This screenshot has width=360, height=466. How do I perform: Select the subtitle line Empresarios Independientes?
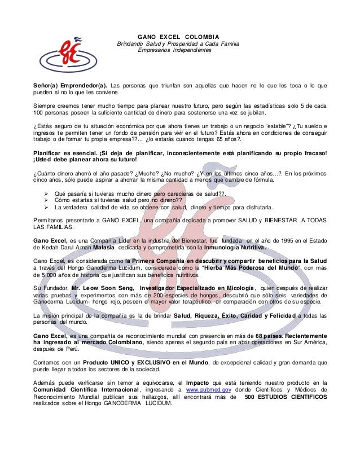pyautogui.click(x=178, y=51)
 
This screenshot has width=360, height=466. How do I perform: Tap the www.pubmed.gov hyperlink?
pyautogui.click(x=208, y=389)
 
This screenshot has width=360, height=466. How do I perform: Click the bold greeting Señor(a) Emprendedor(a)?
pyautogui.click(x=70, y=85)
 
